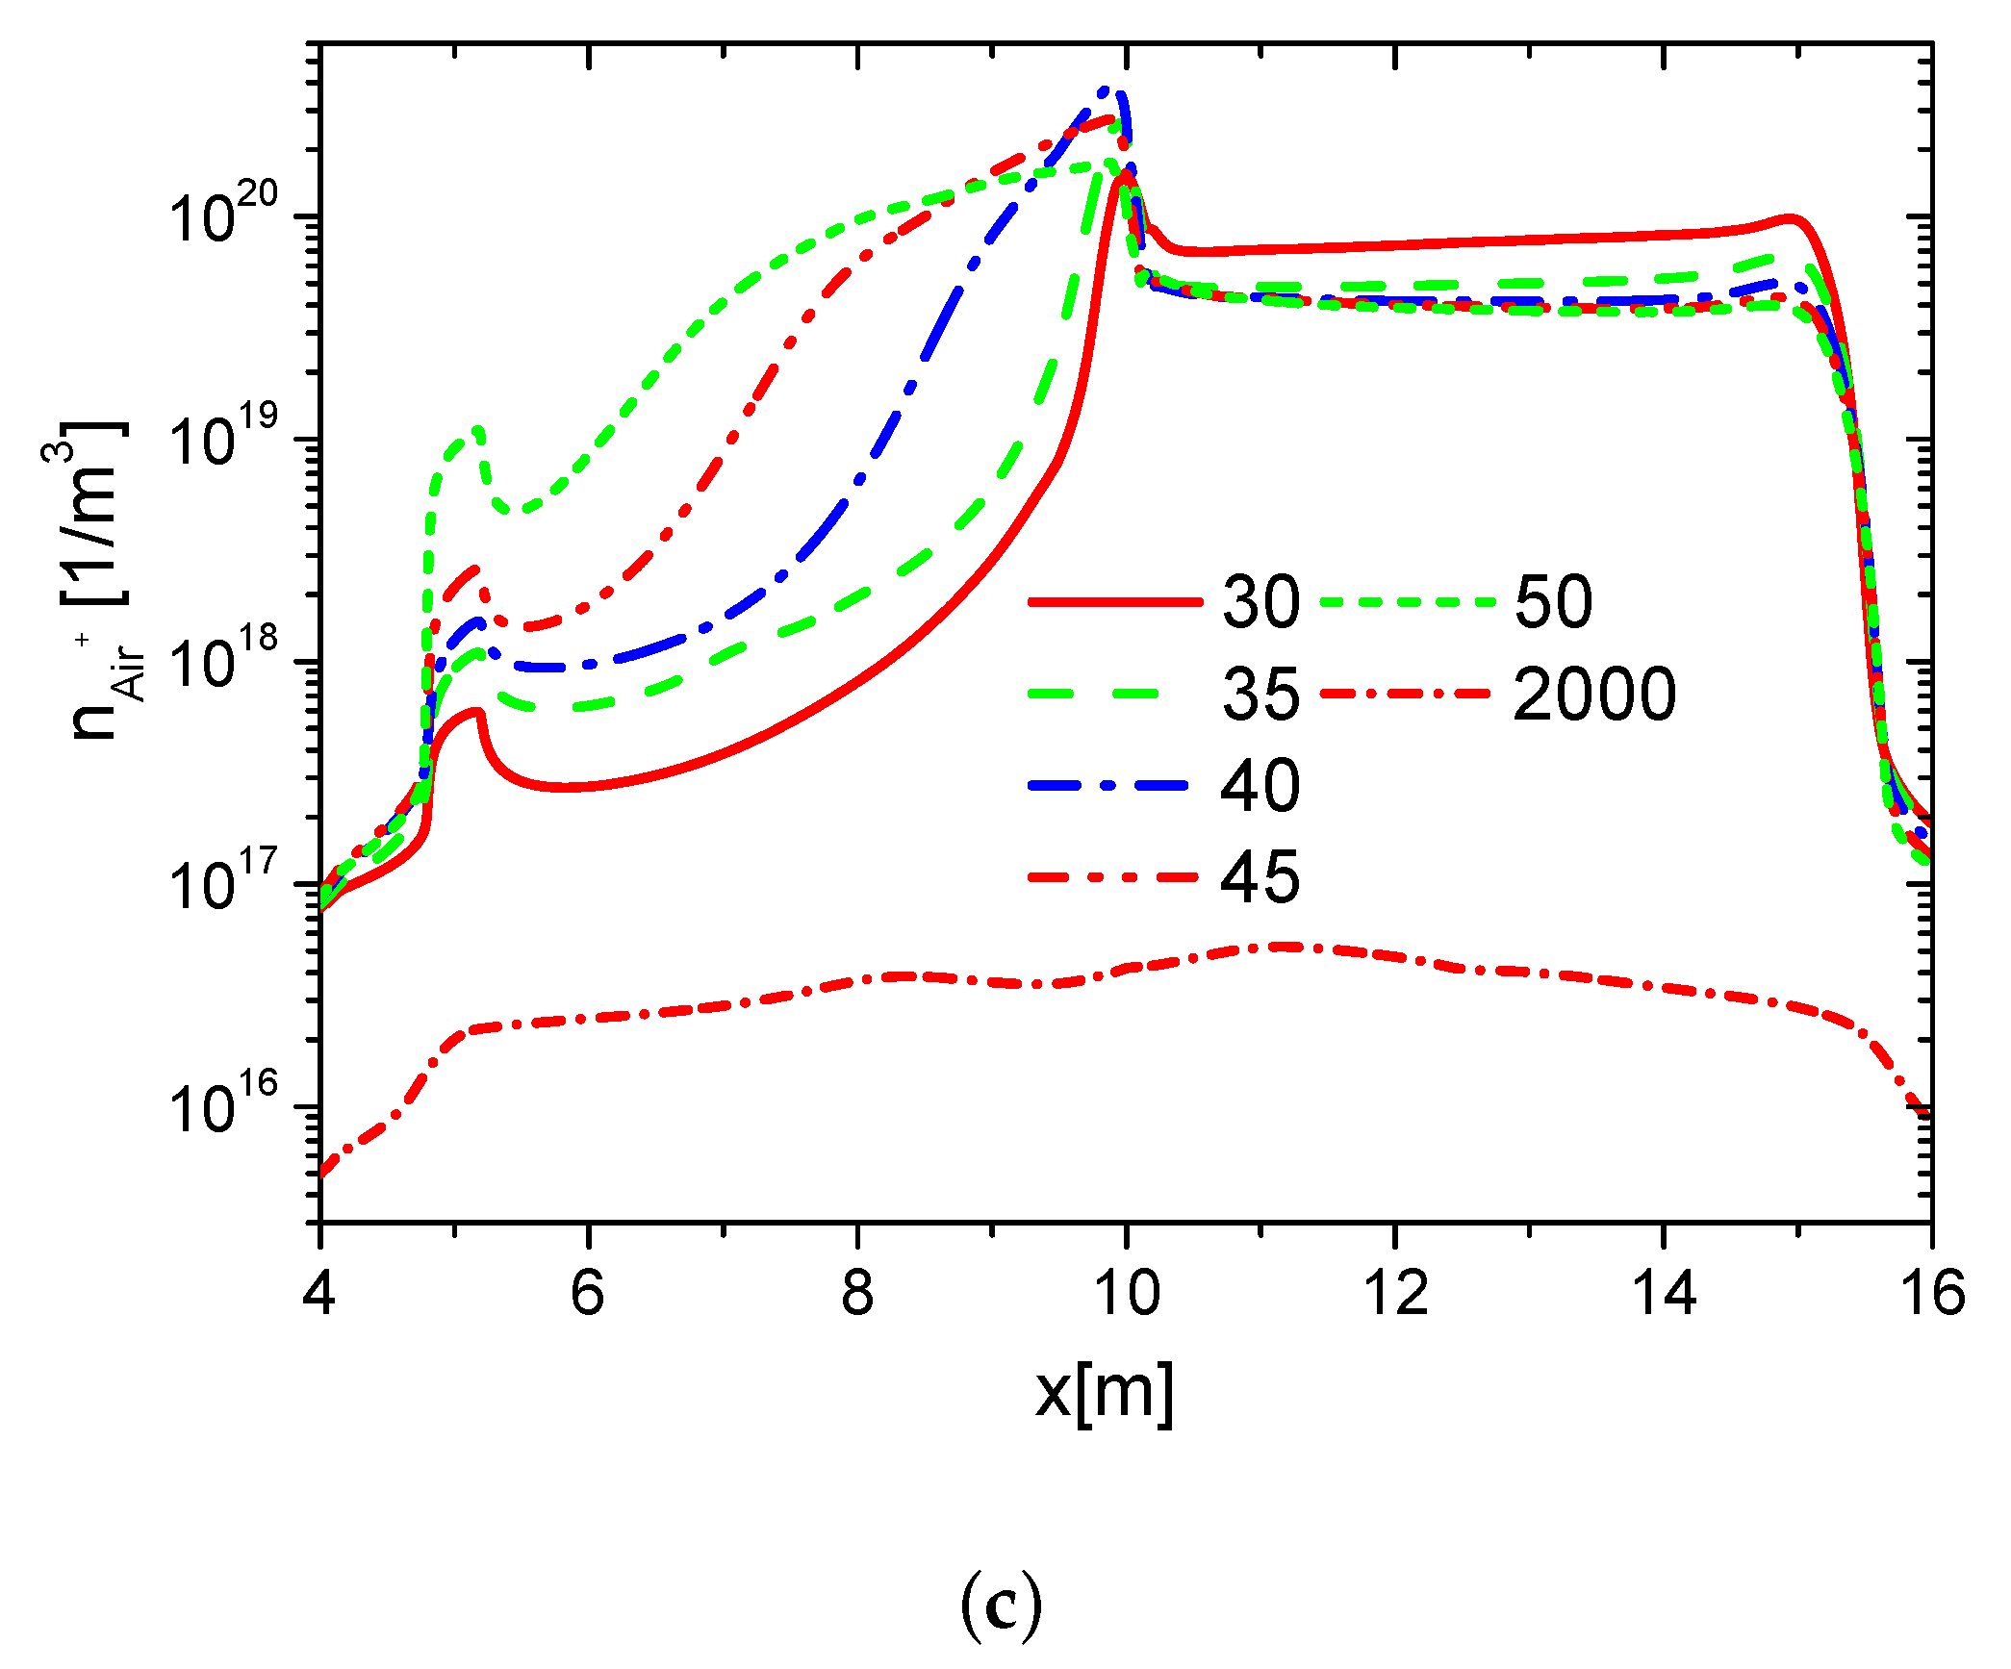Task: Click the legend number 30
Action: (1260, 602)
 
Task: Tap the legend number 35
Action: (1260, 694)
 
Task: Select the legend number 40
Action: (1260, 785)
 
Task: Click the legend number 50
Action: (1553, 602)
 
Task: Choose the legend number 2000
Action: (1594, 694)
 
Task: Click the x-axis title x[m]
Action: (1105, 1392)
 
